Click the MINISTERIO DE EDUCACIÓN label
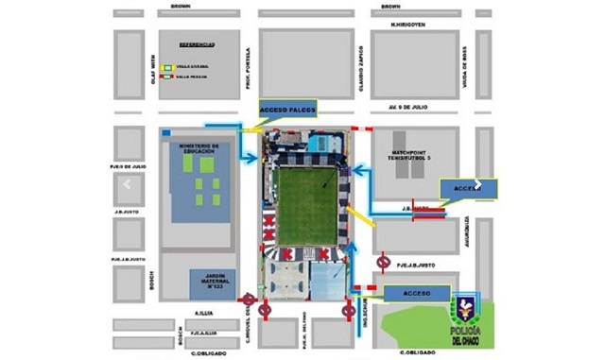[199, 149]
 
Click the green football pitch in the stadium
[306, 204]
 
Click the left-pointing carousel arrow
[128, 185]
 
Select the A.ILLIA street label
[204, 311]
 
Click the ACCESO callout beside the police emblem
[416, 295]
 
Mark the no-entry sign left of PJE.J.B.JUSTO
[383, 261]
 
